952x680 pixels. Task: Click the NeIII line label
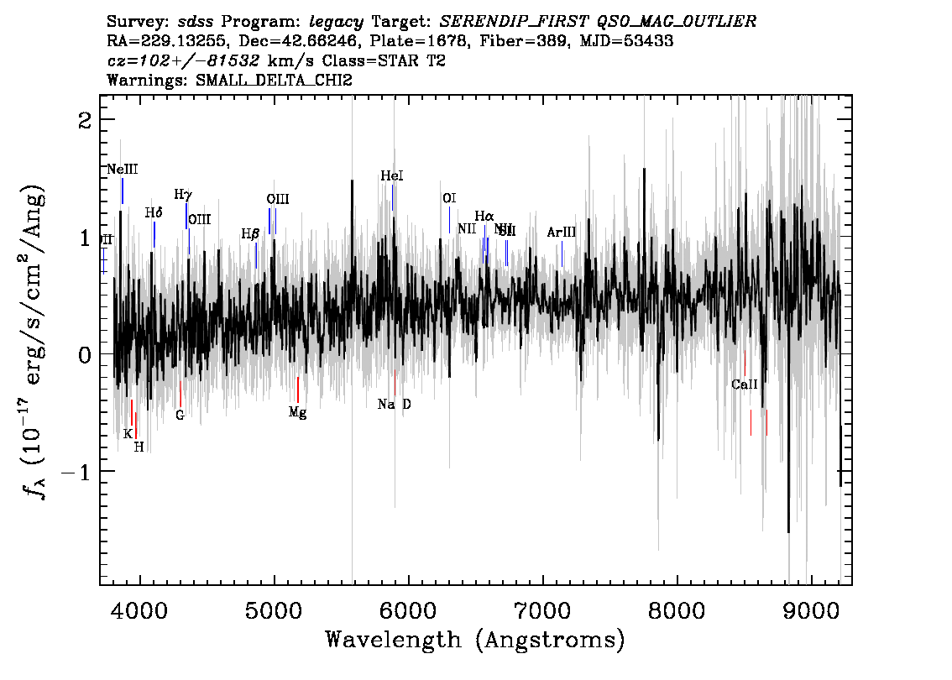[x=123, y=170]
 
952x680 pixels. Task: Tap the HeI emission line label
[x=392, y=176]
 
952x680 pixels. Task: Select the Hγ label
[x=183, y=195]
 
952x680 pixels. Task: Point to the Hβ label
[x=250, y=234]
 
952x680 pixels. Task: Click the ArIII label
[x=562, y=233]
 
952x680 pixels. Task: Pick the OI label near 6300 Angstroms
[x=449, y=199]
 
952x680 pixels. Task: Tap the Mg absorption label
[x=297, y=412]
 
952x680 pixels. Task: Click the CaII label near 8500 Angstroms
[x=745, y=385]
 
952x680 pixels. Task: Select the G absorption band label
[x=180, y=415]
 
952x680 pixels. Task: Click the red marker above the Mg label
[x=298, y=390]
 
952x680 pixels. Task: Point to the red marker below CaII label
[x=751, y=422]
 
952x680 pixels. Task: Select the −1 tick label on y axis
[x=73, y=472]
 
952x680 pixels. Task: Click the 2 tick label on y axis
[x=84, y=120]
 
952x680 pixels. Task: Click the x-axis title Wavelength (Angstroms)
[x=475, y=641]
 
